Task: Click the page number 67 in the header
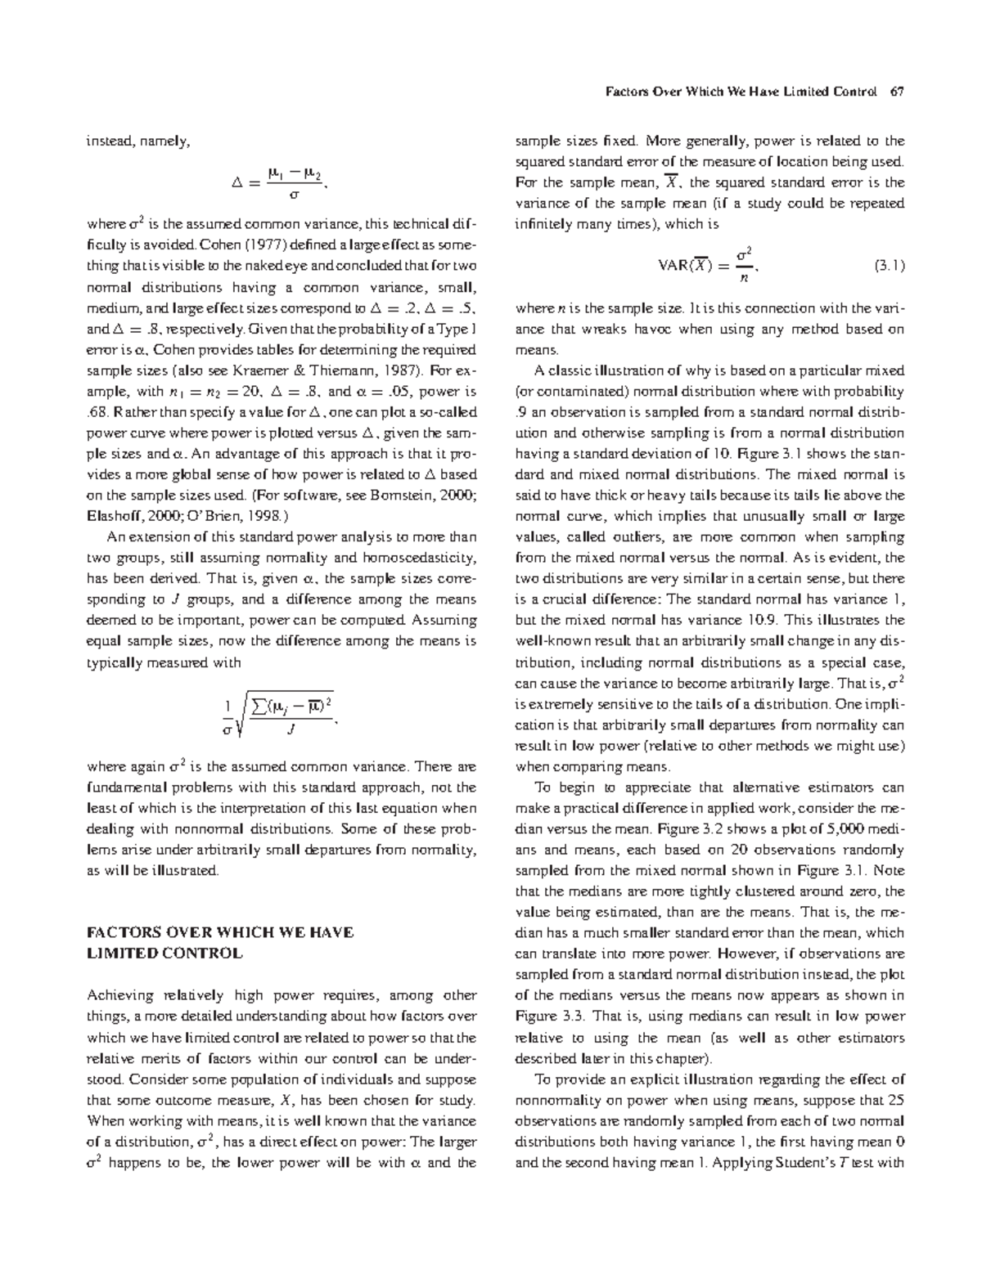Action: (x=897, y=92)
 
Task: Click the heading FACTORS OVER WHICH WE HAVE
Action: (x=220, y=932)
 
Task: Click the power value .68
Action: (x=97, y=412)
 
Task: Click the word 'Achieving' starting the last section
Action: (x=120, y=995)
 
